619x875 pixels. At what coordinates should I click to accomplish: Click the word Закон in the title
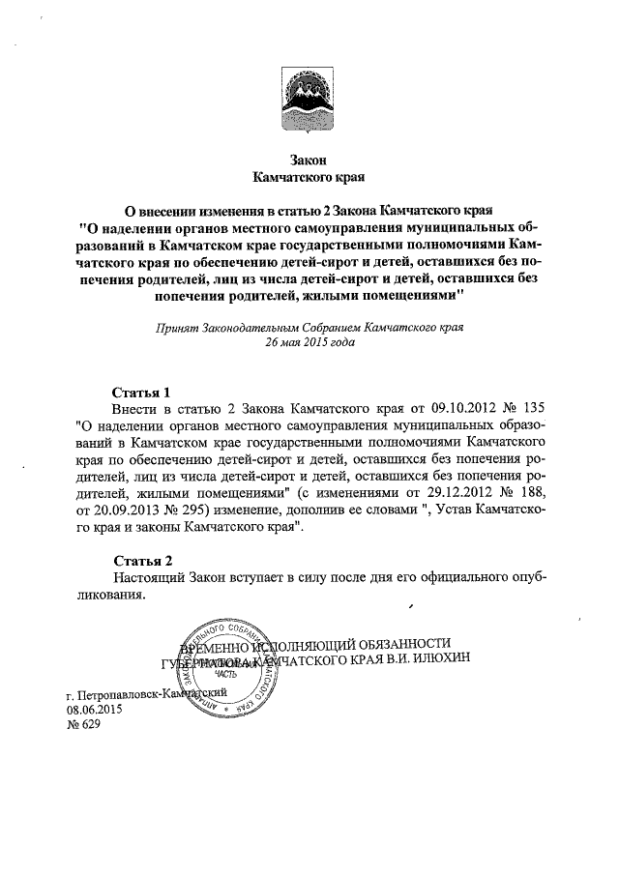pyautogui.click(x=309, y=160)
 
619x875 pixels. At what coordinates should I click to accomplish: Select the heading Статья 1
pyautogui.click(x=141, y=393)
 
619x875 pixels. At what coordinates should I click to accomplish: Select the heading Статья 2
pyautogui.click(x=141, y=561)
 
